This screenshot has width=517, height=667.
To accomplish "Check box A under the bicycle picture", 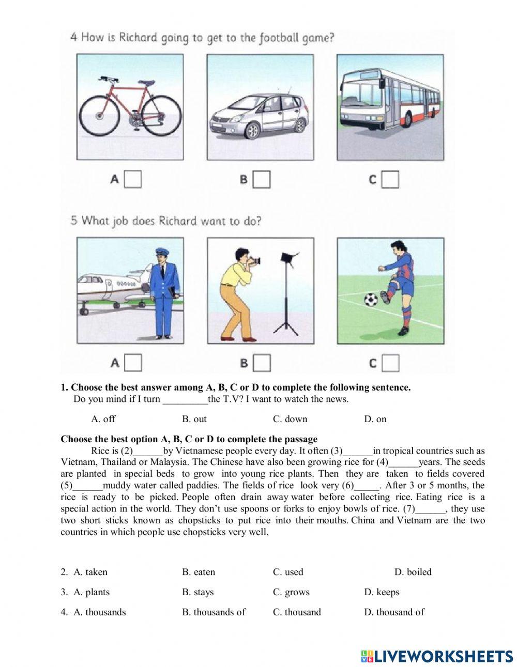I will (133, 179).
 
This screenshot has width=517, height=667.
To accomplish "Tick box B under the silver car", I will (262, 179).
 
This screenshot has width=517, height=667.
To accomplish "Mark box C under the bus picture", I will (391, 179).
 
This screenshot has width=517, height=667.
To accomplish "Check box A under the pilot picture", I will (133, 363).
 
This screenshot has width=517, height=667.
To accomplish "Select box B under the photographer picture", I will (262, 363).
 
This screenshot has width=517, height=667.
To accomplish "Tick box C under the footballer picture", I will (391, 363).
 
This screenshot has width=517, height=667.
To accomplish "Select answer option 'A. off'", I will (103, 419).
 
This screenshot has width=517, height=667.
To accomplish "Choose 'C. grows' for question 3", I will (291, 592).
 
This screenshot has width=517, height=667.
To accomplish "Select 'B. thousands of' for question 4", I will (214, 612).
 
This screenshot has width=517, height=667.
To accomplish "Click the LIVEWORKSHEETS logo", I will (437, 656).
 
